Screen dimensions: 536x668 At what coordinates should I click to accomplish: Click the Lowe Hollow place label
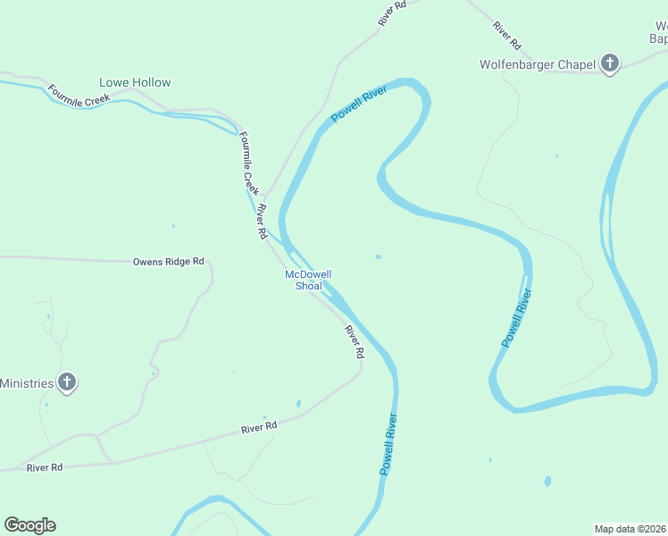point(135,82)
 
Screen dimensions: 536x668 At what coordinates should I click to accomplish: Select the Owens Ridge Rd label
point(168,262)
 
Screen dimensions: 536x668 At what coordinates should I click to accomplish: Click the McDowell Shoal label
point(308,280)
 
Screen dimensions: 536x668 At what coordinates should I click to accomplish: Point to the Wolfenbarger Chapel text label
point(537,64)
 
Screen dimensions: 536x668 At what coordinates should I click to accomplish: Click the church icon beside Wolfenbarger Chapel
point(610,63)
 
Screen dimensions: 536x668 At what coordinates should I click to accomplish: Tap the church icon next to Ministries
point(66,383)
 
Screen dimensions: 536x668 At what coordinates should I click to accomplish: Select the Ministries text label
point(26,383)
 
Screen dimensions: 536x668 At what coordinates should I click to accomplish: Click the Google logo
point(29,525)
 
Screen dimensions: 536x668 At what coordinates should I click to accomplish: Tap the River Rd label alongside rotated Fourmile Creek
point(262,222)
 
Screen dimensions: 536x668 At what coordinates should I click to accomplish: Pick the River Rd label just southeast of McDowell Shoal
point(355,342)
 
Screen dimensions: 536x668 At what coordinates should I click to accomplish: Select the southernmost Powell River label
point(387,444)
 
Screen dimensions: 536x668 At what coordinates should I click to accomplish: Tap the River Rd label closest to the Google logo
point(45,467)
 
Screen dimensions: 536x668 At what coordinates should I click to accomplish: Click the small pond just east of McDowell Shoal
point(379,257)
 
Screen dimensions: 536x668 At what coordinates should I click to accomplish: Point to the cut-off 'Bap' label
point(658,38)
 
